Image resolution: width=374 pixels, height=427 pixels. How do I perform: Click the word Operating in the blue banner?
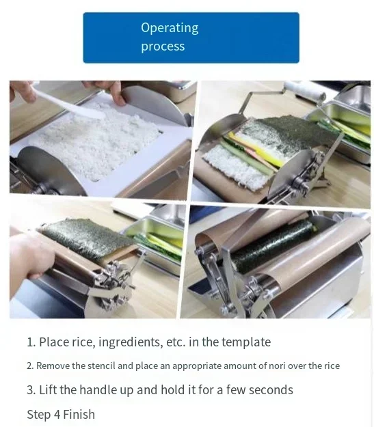point(170,28)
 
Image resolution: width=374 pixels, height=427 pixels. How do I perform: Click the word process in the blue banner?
point(163,46)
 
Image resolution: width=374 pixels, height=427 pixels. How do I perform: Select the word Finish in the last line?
point(79,415)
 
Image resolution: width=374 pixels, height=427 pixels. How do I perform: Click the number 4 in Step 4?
point(57,415)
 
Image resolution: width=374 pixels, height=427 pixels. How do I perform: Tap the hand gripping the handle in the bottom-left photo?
point(30,256)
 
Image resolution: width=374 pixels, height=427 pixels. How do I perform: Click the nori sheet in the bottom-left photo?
point(88,240)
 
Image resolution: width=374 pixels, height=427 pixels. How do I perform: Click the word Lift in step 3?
point(49,389)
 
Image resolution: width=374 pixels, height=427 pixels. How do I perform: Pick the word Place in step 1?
point(54,342)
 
